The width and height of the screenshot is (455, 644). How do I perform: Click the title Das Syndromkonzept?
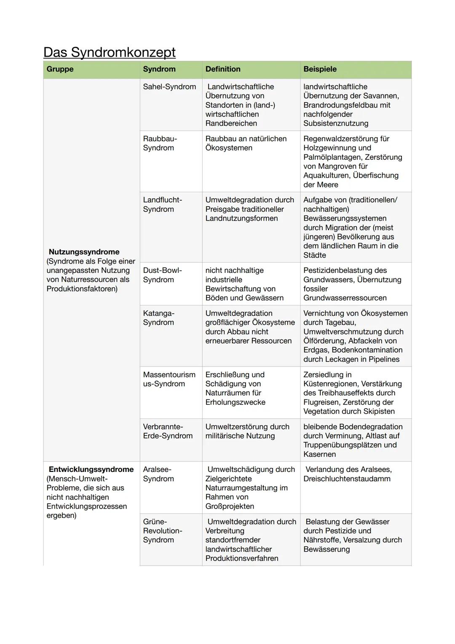pyautogui.click(x=110, y=52)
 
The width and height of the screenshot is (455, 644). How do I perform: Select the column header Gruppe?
pyautogui.click(x=60, y=69)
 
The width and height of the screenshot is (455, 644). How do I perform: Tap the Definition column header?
pyautogui.click(x=223, y=69)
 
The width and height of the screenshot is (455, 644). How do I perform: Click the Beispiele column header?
pyautogui.click(x=320, y=69)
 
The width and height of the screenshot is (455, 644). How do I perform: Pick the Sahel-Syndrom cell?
pyautogui.click(x=169, y=87)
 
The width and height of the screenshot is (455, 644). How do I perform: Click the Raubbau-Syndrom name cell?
pyautogui.click(x=160, y=143)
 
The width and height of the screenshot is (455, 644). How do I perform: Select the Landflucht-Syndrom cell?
pyautogui.click(x=162, y=205)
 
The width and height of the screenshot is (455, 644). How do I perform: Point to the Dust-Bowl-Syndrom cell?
pyautogui.click(x=162, y=275)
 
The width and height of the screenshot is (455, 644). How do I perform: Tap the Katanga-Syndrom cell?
pyautogui.click(x=158, y=318)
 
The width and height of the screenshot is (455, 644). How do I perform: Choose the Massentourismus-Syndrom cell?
pyautogui.click(x=169, y=379)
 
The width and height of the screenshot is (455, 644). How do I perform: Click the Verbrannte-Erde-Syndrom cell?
pyautogui.click(x=167, y=431)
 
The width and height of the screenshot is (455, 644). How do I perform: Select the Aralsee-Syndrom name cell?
pyautogui.click(x=158, y=474)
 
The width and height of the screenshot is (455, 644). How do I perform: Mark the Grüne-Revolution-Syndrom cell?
pyautogui.click(x=162, y=531)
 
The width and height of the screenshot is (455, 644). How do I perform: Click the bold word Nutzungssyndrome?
pyautogui.click(x=84, y=252)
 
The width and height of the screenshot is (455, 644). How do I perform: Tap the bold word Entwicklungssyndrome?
pyautogui.click(x=91, y=469)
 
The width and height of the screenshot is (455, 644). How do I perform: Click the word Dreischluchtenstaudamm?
pyautogui.click(x=347, y=479)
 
